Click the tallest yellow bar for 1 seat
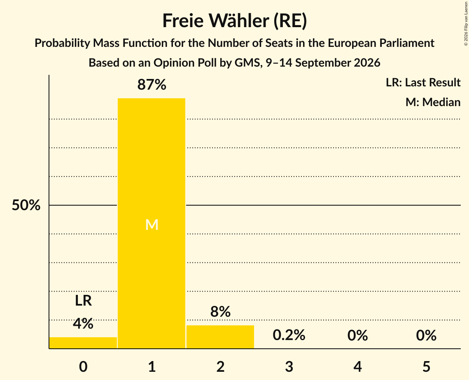coord(152,223)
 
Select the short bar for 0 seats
coord(83,343)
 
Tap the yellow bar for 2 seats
coord(220,337)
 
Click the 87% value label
coord(152,85)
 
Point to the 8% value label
coord(220,312)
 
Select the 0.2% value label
coord(289,335)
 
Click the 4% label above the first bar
coord(83,324)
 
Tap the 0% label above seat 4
coord(358,335)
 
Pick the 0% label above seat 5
coord(426,335)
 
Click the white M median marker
coord(152,225)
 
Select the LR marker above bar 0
coord(83,301)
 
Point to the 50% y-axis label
coord(26,205)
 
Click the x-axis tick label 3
coord(289,366)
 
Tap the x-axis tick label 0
coord(83,366)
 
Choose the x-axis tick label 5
coord(426,366)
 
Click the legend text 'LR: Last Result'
coord(423,82)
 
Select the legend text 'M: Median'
coord(433,102)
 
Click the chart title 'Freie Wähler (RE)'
coord(235,21)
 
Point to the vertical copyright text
coord(466,23)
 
